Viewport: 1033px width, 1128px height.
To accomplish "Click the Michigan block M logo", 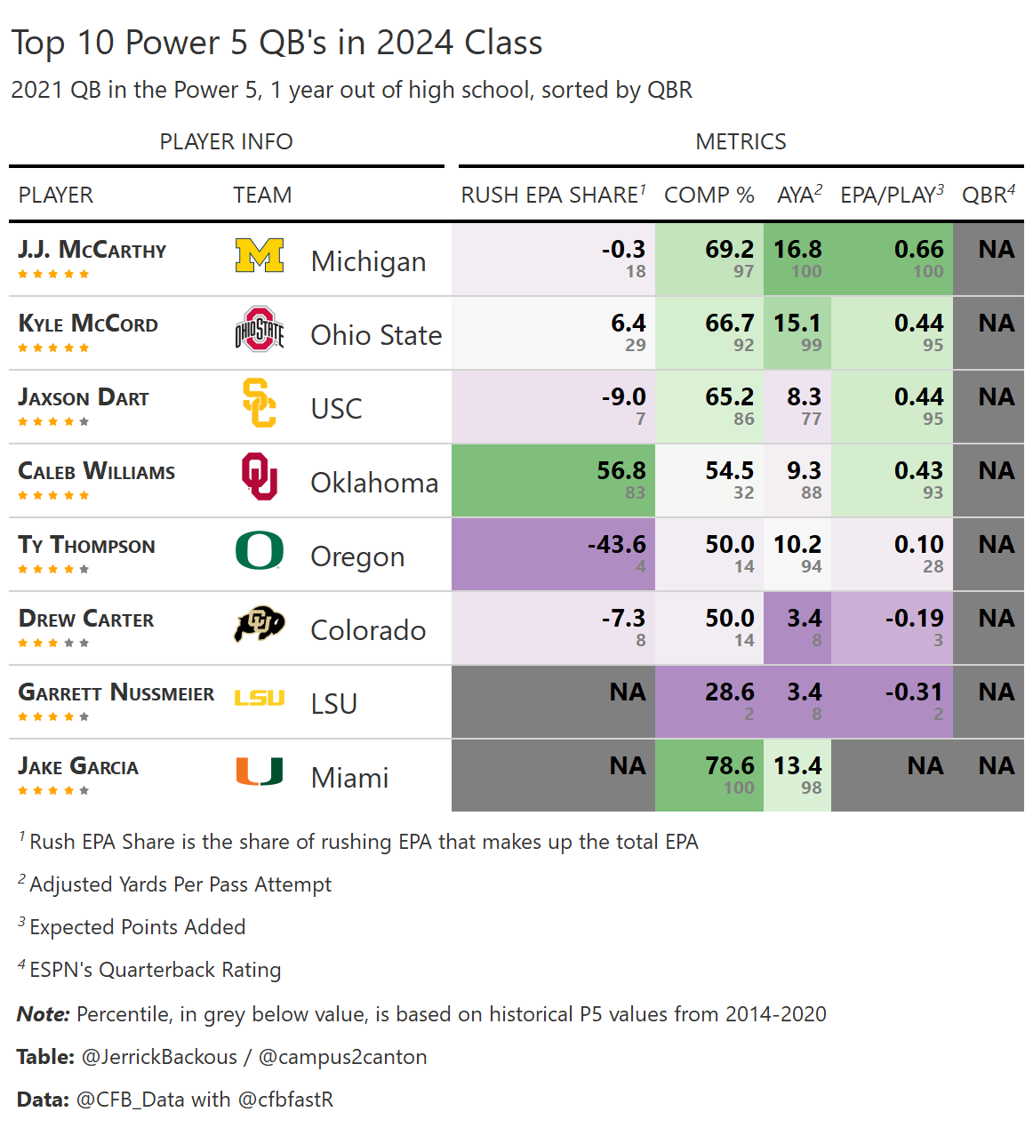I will point(260,255).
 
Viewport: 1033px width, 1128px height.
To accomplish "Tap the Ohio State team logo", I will point(260,330).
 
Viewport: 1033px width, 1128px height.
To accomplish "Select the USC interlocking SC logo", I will point(260,403).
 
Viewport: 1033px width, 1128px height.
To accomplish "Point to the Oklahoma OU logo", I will point(260,476).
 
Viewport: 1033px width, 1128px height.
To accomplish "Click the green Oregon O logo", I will point(260,550).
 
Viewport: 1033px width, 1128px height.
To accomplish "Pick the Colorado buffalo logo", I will point(260,624).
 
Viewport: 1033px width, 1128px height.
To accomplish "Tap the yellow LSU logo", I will point(260,698).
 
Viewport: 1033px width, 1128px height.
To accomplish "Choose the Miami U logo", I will point(260,772).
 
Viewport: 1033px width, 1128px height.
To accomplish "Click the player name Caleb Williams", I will point(97,471).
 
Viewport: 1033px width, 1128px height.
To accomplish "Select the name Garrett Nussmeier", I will point(116,692).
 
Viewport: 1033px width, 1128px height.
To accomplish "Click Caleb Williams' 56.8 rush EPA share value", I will point(621,471).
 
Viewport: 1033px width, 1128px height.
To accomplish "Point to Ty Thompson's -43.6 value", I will point(617,545).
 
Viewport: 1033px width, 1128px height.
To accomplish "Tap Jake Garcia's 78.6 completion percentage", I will point(729,766).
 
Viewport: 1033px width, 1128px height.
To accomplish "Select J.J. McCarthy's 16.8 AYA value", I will point(797,250).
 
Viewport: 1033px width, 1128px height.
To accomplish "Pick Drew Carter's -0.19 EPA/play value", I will point(914,619).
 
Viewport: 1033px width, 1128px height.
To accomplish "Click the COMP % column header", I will point(709,196).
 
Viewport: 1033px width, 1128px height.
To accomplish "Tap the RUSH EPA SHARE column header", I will point(552,196).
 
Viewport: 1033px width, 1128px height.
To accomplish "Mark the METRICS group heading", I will point(741,142).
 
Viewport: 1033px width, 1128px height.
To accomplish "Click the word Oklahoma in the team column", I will point(374,483).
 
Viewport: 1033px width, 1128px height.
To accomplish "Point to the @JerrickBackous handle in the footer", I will point(159,1057).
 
